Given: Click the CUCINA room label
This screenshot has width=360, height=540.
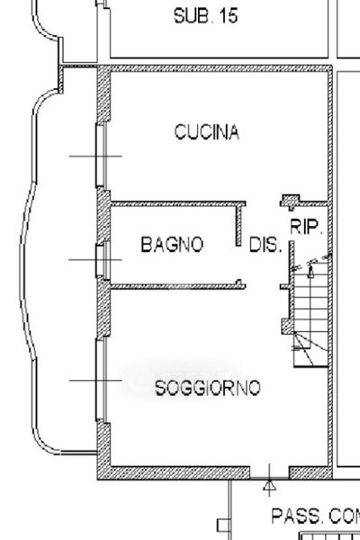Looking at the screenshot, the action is click(x=207, y=132).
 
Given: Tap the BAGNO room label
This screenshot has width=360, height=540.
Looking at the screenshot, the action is click(x=172, y=244).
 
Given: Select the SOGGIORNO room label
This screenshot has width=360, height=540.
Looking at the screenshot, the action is click(x=208, y=388).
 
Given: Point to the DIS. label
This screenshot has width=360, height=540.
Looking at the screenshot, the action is click(x=265, y=245).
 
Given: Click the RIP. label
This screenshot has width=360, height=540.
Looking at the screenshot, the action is click(x=306, y=228).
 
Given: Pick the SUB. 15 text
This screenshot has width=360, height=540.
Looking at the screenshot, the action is click(x=206, y=16).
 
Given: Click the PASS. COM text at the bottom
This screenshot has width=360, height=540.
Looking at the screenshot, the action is click(x=315, y=517).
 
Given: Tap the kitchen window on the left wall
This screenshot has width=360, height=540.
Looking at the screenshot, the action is click(x=101, y=156).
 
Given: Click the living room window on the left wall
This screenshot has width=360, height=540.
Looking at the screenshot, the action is click(x=101, y=380).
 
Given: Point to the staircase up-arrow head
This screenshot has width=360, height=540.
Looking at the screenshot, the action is click(x=310, y=273).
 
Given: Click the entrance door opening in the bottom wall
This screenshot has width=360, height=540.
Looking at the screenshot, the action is click(x=269, y=472).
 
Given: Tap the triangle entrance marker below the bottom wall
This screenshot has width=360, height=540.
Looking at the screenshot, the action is click(x=269, y=486).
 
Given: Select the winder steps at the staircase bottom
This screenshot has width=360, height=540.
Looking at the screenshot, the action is click(x=310, y=349).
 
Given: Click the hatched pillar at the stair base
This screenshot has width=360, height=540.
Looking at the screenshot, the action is click(x=288, y=326).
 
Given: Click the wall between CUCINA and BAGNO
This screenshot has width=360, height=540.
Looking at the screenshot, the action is click(x=178, y=204).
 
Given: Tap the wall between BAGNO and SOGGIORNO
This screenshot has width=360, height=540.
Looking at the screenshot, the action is click(x=178, y=286).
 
